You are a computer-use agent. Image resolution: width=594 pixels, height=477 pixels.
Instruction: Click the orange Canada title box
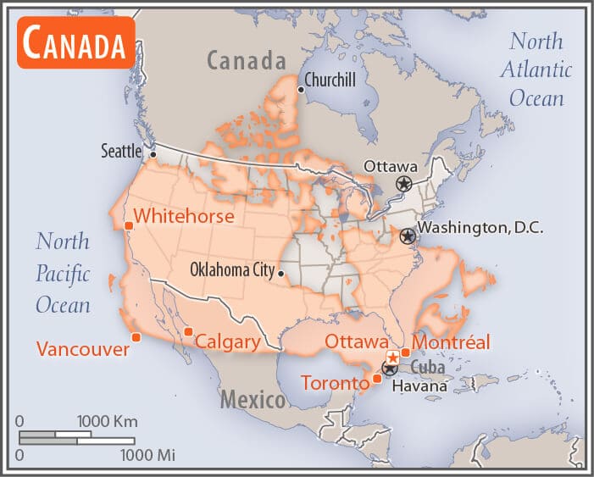75,42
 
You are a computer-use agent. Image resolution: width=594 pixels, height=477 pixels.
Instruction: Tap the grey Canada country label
247,60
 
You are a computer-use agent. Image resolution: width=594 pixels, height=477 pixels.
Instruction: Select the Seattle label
120,151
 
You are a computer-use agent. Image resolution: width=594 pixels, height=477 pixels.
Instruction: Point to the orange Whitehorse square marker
128,225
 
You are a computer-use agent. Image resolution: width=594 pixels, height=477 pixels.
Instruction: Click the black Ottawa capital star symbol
404,184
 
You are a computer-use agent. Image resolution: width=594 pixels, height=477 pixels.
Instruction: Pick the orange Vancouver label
82,348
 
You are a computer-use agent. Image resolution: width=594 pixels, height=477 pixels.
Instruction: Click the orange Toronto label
334,383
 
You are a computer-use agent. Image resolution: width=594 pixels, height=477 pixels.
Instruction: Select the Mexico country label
253,399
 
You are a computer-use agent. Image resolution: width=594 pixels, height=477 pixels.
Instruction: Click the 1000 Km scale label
108,421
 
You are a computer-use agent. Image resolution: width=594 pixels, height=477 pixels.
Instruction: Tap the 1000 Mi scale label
147,456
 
